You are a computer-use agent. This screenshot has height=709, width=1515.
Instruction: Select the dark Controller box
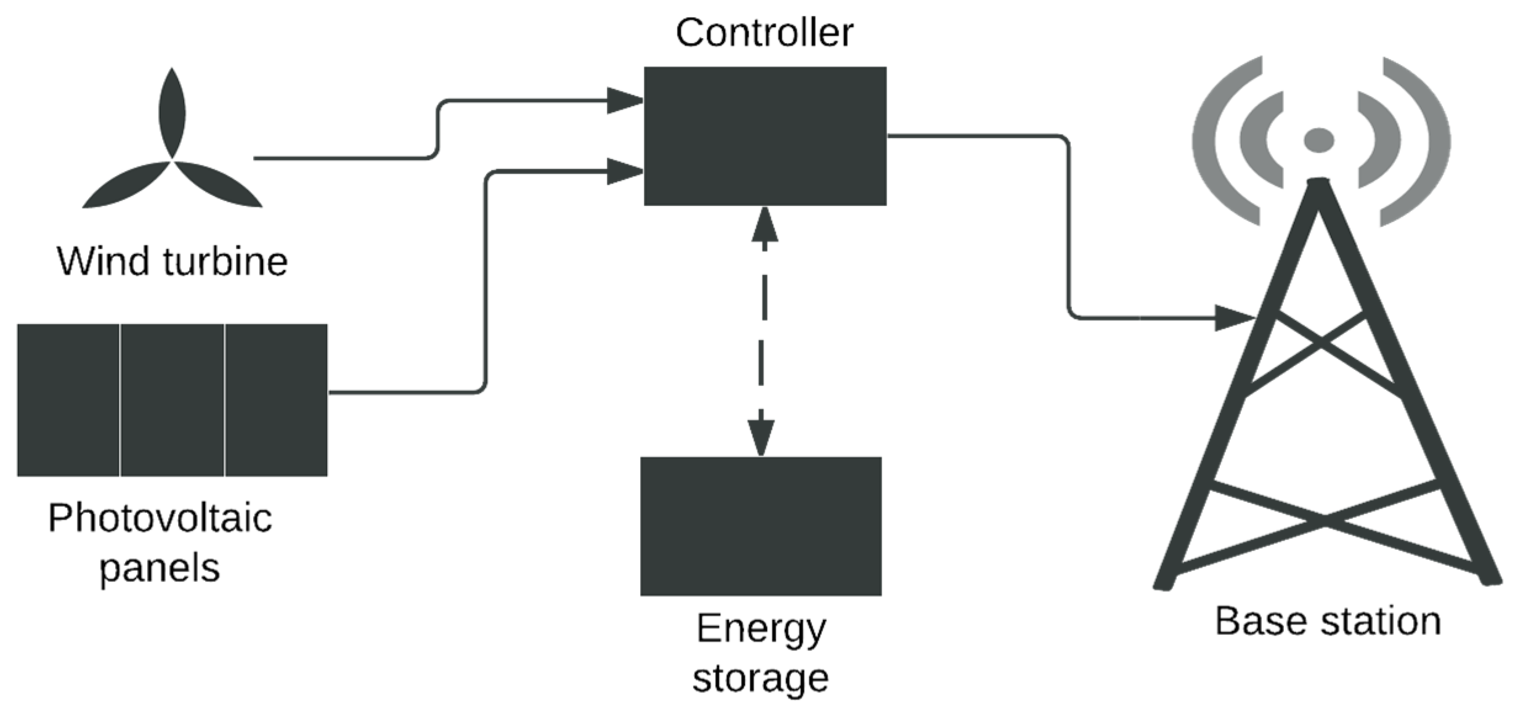[x=765, y=136]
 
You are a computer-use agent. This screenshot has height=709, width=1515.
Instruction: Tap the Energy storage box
[x=760, y=525]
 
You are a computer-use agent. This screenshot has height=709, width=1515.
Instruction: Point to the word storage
[x=760, y=678]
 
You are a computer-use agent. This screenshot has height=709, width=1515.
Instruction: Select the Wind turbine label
[x=173, y=261]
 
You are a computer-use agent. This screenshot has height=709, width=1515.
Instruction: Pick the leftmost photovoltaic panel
[x=68, y=400]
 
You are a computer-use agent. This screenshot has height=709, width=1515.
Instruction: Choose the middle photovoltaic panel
[x=172, y=400]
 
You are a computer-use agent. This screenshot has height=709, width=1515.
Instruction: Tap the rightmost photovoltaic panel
[x=276, y=400]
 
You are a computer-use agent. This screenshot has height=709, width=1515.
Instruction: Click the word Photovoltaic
[x=160, y=517]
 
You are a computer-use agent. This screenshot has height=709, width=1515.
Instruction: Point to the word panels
[x=160, y=567]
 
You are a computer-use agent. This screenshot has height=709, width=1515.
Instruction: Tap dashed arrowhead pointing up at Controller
[x=765, y=225]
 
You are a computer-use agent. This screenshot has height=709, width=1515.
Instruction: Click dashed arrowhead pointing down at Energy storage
[x=761, y=437]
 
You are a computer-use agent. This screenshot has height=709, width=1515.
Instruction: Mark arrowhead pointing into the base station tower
[x=1233, y=318]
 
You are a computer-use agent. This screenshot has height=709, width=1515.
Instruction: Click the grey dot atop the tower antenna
[x=1318, y=140]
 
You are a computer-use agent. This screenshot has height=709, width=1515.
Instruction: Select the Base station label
[x=1328, y=621]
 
